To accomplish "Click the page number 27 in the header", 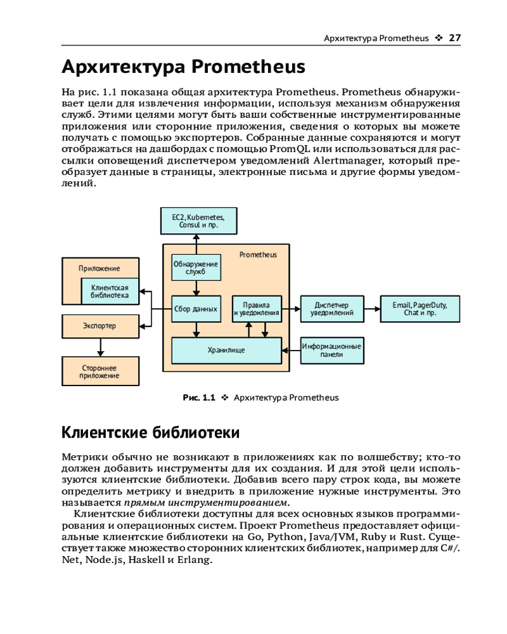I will tap(454, 38).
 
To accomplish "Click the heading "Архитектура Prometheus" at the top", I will tap(183, 67).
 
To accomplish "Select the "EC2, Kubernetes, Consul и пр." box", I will tap(198, 221).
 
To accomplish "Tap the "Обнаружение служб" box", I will tap(196, 268).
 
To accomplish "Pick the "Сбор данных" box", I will tap(196, 309).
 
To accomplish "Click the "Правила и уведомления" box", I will tap(256, 309).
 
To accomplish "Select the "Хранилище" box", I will tap(226, 350).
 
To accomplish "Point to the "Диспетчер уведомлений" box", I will tap(331, 309).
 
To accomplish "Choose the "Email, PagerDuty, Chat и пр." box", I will tap(420, 309).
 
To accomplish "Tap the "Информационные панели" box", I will tap(331, 350).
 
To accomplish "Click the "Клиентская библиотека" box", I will tap(110, 292).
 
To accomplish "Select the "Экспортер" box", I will tap(99, 326).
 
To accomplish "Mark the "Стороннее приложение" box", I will tap(99, 372).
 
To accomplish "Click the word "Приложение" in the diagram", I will tap(99, 268).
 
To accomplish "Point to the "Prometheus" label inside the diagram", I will tap(258, 255).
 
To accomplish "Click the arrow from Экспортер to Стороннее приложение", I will tap(99, 347).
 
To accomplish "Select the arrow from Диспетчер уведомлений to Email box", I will tap(372, 309).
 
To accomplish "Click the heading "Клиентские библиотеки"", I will tap(150, 433).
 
